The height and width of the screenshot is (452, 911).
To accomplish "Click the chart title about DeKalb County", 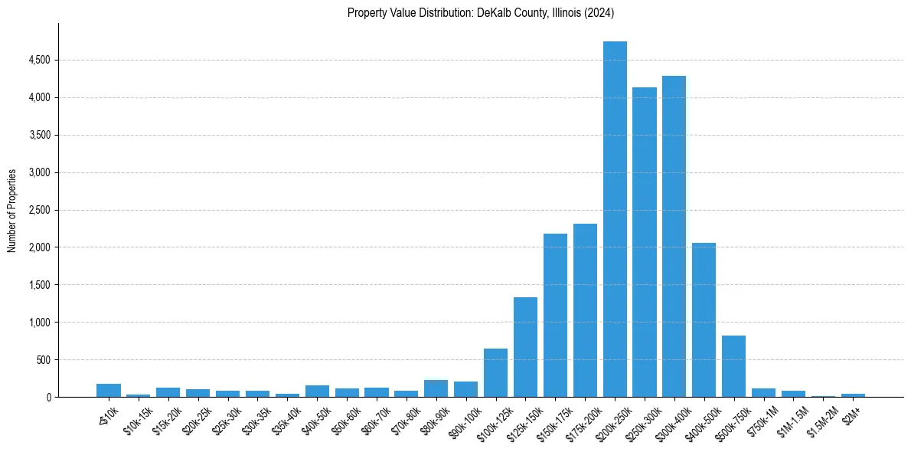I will pos(481,13).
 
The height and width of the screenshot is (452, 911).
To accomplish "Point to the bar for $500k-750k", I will pos(733,366).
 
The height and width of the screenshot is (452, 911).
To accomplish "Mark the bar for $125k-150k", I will pos(525,347).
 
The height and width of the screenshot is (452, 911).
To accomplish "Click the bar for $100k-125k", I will pos(495,373).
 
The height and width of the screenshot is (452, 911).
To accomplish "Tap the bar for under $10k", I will pos(109,390).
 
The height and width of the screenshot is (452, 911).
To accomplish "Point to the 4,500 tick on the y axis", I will pos(39,60).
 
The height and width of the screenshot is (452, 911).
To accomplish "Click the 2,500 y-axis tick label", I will pos(39,210).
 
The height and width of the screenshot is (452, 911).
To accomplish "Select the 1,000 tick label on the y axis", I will pos(39,323).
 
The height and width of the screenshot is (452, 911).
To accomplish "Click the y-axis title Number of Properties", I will pos(12,211).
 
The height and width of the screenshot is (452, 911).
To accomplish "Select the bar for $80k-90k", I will pos(436,388).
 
